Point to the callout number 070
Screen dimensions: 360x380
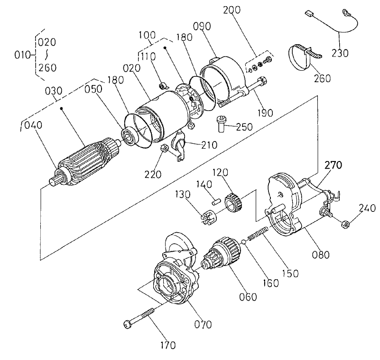coord(203,324)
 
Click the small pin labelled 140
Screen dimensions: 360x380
coord(214,200)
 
